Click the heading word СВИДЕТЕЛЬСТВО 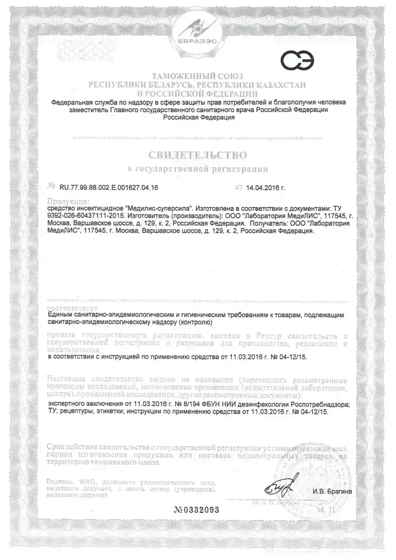coord(198,154)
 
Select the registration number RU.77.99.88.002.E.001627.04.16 coord(109,188)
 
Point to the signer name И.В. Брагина coord(332,491)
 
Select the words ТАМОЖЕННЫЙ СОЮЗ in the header coord(198,76)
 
